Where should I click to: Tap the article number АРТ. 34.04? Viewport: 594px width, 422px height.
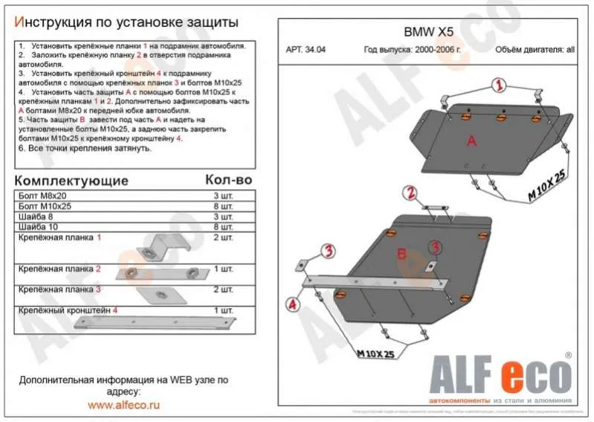305,51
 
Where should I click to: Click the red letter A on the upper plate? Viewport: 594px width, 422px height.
471,141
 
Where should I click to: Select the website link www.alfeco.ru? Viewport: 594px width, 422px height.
124,406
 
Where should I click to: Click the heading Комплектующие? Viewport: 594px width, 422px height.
71,181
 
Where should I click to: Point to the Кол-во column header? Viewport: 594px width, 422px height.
228,181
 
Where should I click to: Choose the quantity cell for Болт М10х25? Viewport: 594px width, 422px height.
223,206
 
